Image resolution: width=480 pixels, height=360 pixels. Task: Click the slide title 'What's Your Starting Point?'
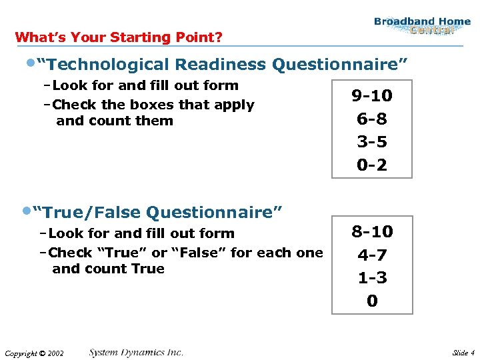point(119,37)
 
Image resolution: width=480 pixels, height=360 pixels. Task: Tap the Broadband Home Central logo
point(422,25)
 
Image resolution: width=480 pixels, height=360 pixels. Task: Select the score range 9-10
point(372,96)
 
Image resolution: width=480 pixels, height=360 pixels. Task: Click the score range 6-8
point(372,119)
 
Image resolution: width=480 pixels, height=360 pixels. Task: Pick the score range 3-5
point(372,142)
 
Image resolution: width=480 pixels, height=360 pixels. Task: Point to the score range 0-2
point(372,165)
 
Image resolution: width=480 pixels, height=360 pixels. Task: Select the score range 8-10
point(372,232)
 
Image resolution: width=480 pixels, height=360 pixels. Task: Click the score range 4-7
point(372,255)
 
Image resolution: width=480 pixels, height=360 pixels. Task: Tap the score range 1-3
point(372,278)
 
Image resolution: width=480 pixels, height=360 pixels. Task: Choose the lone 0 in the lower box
point(372,301)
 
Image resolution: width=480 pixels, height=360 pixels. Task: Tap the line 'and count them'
point(115,121)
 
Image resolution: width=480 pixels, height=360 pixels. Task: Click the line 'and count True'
point(108,269)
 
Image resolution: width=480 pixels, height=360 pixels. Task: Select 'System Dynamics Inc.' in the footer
point(136,352)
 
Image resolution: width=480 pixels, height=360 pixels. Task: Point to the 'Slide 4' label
point(463,353)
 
